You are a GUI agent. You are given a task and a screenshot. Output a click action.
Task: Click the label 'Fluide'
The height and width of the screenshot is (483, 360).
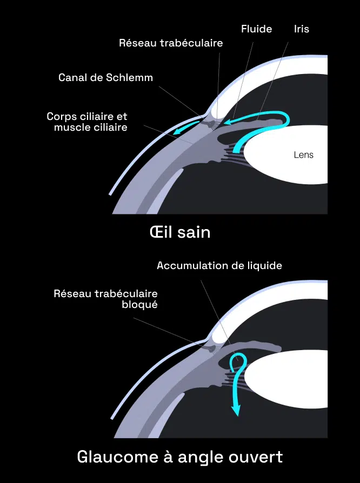coord(256,29)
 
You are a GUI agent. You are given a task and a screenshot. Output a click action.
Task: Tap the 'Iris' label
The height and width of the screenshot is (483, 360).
coord(302,29)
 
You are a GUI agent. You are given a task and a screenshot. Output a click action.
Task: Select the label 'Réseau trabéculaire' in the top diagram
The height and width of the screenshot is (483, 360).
coord(171,43)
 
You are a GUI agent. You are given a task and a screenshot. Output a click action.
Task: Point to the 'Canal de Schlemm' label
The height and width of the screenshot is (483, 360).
coord(105,78)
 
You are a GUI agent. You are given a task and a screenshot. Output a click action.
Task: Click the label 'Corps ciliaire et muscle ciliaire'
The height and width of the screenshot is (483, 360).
coord(88,122)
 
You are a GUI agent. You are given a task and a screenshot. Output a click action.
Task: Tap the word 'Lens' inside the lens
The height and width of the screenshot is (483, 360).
coord(303,155)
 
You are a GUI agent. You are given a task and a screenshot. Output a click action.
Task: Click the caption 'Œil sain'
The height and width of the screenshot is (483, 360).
coord(179,233)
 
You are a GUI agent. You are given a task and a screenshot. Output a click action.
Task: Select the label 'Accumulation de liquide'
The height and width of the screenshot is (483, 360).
coord(219,266)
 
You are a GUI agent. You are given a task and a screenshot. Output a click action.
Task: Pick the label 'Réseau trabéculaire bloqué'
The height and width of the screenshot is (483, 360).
coord(106,299)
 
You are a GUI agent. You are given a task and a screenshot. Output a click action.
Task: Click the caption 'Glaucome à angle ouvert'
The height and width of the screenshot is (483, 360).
coord(179,457)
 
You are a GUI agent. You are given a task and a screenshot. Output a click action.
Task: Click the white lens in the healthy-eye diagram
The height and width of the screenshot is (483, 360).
coord(286,162)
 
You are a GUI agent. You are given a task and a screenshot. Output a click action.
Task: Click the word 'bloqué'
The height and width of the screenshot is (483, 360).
coord(139,305)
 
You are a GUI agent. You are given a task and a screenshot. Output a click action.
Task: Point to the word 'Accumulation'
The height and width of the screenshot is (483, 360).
coord(189,266)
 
